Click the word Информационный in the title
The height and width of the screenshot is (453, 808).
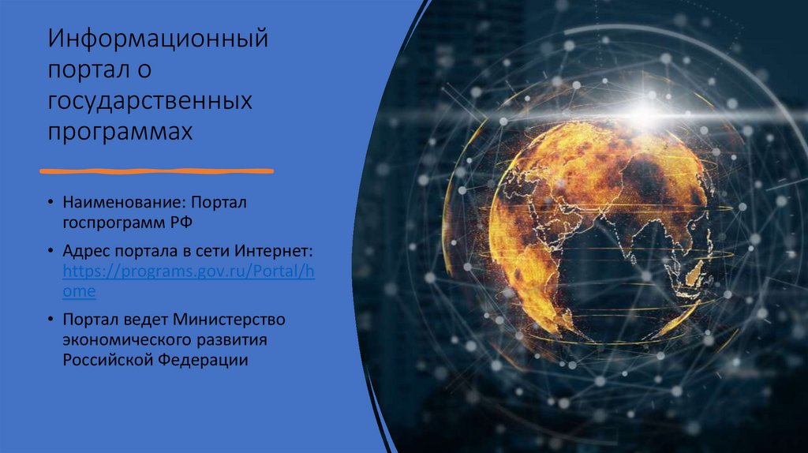pyautogui.click(x=158, y=39)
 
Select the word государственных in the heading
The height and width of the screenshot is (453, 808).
pyautogui.click(x=150, y=101)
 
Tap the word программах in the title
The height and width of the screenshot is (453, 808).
pyautogui.click(x=120, y=132)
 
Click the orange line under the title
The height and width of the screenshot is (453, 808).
pyautogui.click(x=157, y=171)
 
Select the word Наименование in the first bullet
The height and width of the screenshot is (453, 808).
pyautogui.click(x=124, y=202)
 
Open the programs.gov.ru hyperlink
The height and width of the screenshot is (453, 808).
pyautogui.click(x=189, y=281)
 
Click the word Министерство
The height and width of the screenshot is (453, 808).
pyautogui.click(x=228, y=320)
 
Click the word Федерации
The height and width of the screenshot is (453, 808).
pyautogui.click(x=203, y=360)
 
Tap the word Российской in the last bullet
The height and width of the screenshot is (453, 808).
pyautogui.click(x=107, y=360)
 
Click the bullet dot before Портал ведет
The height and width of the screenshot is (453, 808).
pyautogui.click(x=50, y=320)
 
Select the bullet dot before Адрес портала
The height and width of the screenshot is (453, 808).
pyautogui.click(x=50, y=251)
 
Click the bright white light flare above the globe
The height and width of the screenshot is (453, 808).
pyautogui.click(x=644, y=110)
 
